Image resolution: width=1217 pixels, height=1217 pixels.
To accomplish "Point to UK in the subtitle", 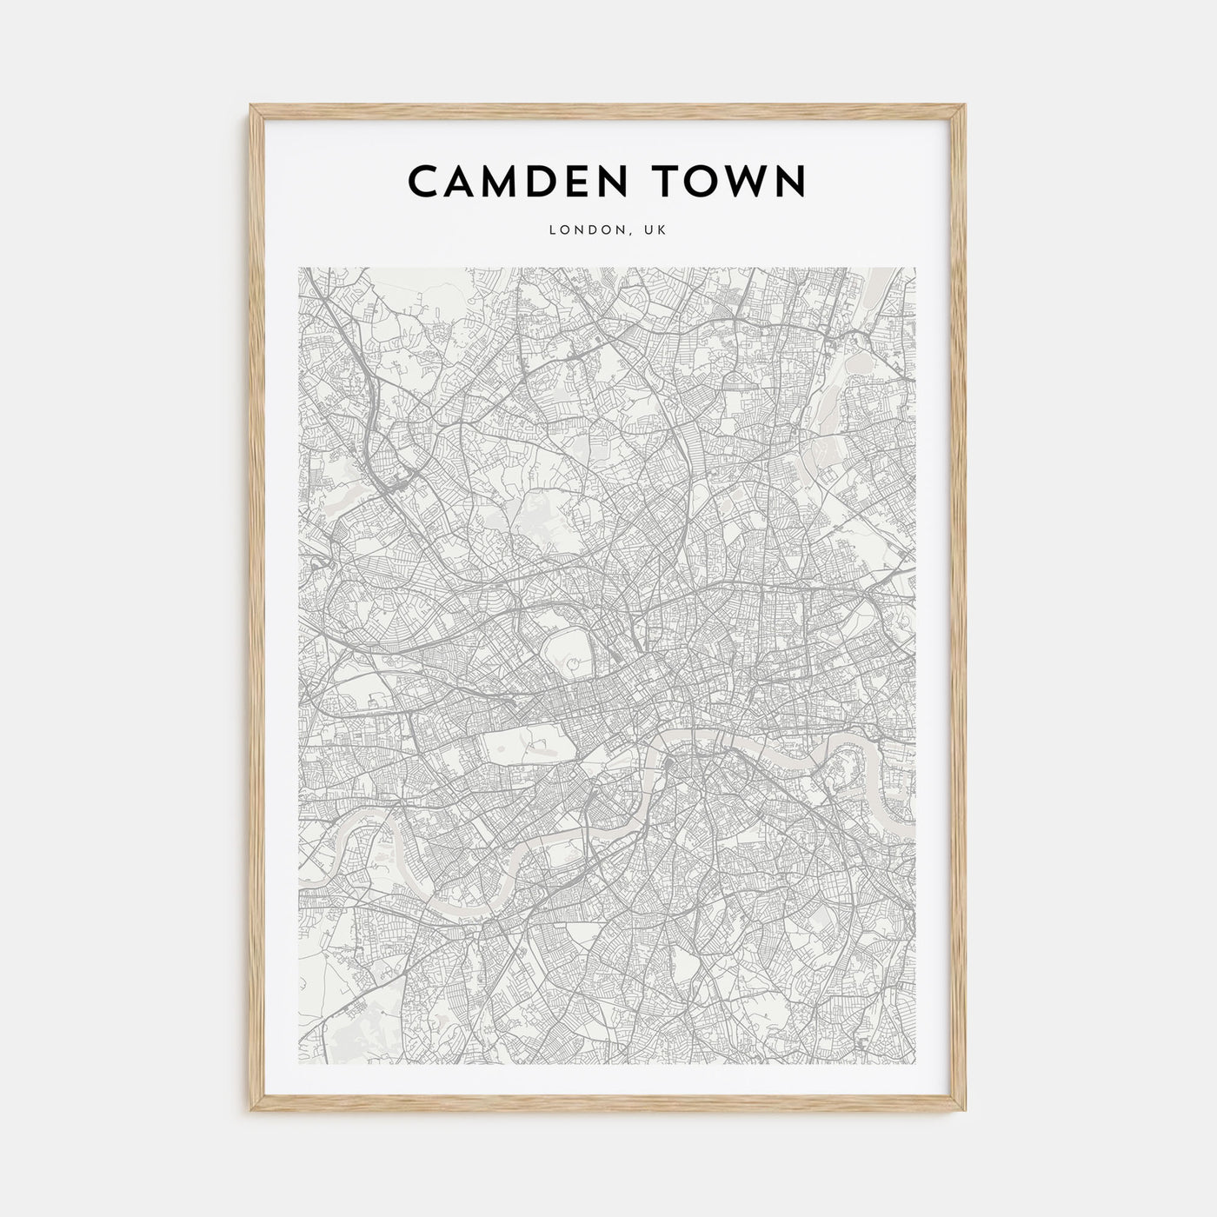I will tap(655, 230).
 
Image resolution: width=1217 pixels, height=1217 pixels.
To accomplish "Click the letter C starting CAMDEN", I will tap(423, 181).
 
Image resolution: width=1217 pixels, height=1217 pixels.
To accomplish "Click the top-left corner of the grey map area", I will tap(299, 268).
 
